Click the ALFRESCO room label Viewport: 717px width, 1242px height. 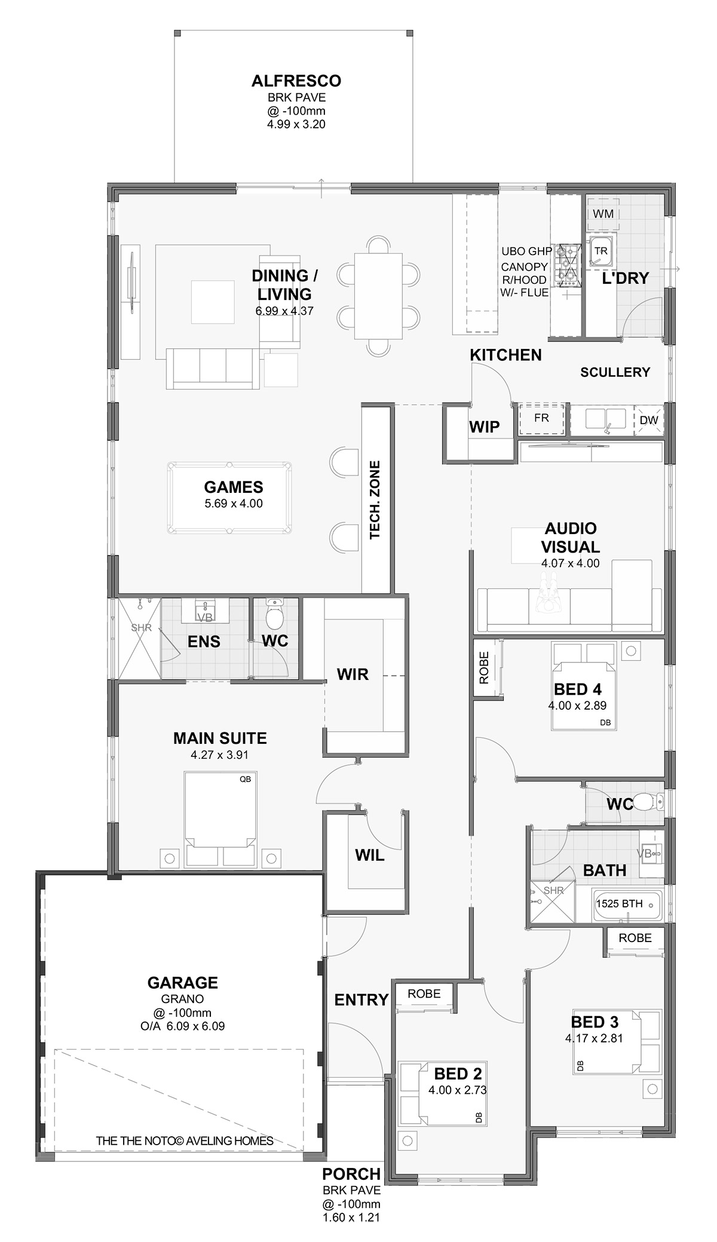296,81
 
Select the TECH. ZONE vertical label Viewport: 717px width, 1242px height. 375,499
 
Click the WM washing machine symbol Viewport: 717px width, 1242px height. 603,214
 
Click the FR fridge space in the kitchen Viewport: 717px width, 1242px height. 541,419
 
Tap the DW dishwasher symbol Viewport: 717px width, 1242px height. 648,419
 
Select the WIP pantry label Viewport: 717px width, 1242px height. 484,427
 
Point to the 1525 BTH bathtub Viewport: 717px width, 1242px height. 626,904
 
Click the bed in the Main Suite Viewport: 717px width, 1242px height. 220,818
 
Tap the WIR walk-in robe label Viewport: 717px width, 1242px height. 353,674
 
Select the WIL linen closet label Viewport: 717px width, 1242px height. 370,855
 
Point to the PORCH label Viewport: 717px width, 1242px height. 351,1174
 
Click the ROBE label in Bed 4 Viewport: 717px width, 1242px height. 484,667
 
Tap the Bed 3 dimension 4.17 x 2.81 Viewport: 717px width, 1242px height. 594,1038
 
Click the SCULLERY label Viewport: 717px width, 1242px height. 615,372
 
